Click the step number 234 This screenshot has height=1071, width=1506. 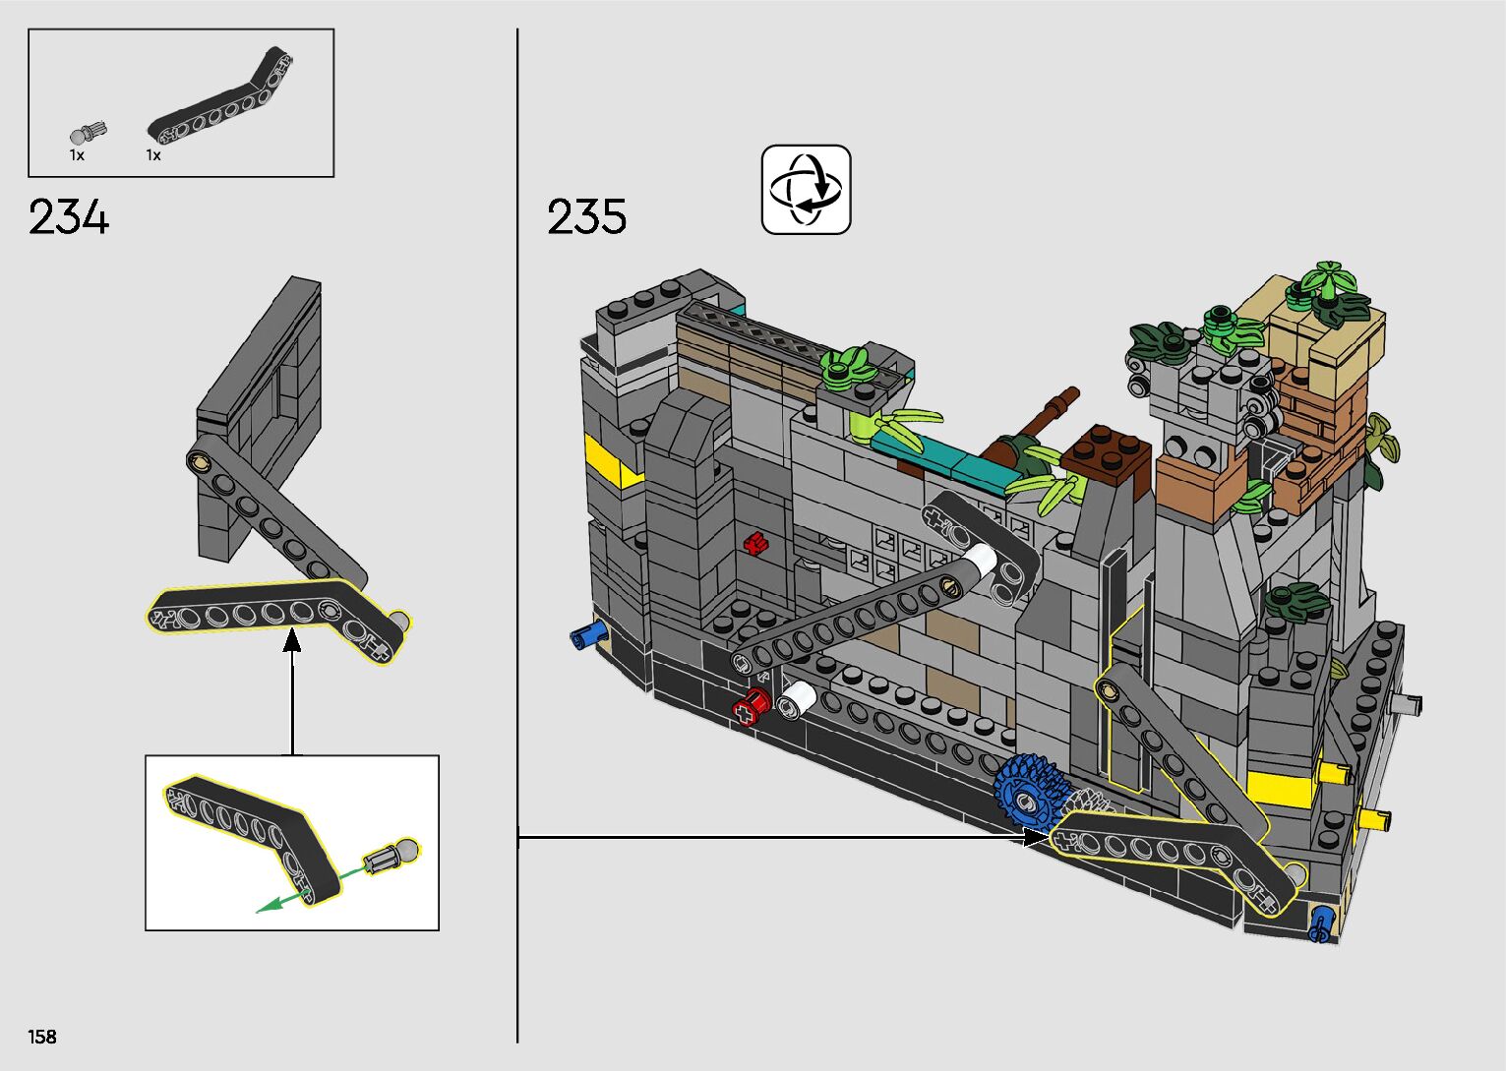(x=69, y=217)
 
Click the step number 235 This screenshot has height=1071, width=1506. (x=586, y=217)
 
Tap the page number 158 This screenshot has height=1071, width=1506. (x=42, y=1037)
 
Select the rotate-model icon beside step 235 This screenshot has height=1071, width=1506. (x=806, y=190)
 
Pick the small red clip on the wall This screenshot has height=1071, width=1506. (x=756, y=543)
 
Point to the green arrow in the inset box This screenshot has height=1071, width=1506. (x=285, y=898)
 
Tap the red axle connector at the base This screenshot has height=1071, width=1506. (x=753, y=706)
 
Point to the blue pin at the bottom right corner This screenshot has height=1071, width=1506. (x=1323, y=924)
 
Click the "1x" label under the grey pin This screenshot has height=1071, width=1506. (x=77, y=155)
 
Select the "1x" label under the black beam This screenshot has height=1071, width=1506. (x=153, y=155)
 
